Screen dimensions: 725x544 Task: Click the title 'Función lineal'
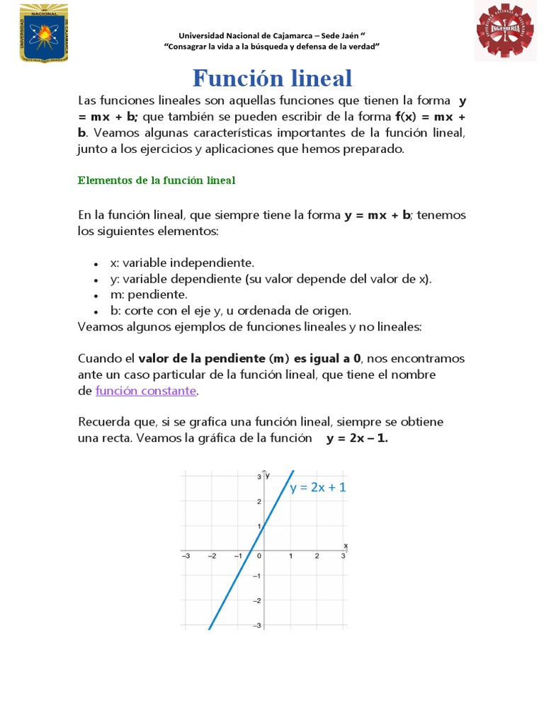tap(273, 78)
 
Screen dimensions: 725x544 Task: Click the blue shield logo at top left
tap(43, 33)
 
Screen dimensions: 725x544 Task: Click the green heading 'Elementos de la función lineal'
tap(156, 181)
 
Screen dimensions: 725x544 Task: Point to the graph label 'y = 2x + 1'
tap(318, 487)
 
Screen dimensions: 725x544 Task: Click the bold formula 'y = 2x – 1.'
tap(357, 438)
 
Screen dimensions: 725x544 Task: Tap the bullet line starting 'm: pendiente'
tap(149, 294)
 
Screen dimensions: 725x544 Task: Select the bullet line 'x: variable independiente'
tap(182, 263)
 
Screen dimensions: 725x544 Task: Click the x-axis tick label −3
tap(186, 556)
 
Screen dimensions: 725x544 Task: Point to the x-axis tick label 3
tap(344, 556)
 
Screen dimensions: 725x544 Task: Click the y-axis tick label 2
tap(259, 501)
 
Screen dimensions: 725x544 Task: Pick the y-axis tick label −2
tap(258, 600)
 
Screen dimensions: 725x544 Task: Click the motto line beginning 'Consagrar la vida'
tap(272, 46)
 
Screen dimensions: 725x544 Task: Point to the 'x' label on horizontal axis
tap(346, 545)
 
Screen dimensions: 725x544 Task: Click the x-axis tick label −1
tap(238, 556)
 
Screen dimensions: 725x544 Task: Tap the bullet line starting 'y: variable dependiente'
tap(271, 278)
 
